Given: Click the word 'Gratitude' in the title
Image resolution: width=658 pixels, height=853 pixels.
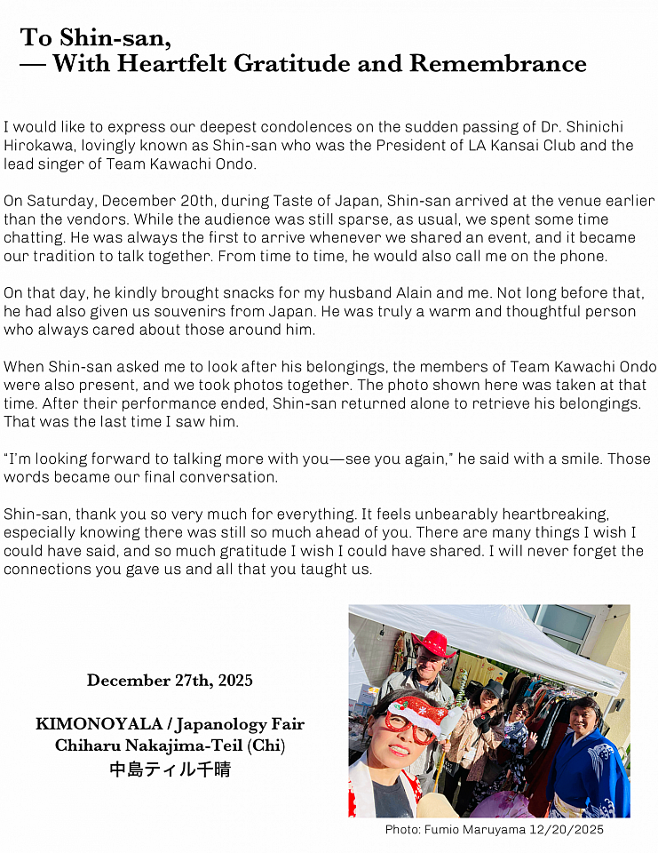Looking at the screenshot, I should pos(289,64).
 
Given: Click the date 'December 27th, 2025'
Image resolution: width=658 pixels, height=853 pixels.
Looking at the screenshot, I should pos(170,681).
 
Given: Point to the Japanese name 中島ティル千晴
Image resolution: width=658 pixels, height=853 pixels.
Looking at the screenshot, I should pos(170,769).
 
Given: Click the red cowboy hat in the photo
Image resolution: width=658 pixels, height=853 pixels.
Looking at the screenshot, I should pos(434,644).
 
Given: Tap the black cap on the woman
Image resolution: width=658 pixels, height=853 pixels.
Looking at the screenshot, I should pos(493,690).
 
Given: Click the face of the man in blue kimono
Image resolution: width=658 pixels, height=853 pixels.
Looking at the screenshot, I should pos(583,718).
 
